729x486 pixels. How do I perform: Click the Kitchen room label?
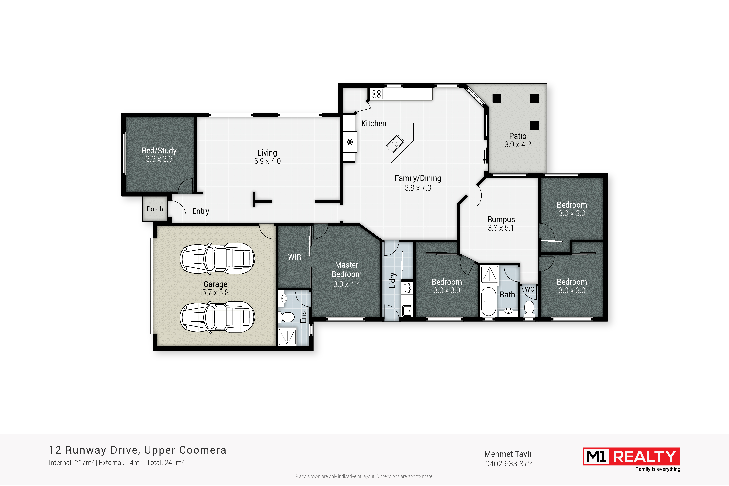tap(374, 123)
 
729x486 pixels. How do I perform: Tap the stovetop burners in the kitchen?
tap(377, 94)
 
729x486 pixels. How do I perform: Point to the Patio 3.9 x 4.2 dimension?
tap(518, 145)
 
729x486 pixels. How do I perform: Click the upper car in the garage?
tap(217, 259)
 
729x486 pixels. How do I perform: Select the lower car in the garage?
tap(217, 317)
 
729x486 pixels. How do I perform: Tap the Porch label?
tap(155, 209)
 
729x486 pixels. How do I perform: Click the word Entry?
tap(201, 211)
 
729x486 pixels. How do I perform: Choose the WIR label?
tap(295, 257)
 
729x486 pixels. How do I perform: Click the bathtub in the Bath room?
tap(488, 301)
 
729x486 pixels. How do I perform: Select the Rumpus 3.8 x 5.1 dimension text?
tap(501, 228)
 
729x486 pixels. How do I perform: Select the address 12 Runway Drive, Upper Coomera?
tap(138, 450)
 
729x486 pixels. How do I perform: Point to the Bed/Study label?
tap(159, 151)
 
